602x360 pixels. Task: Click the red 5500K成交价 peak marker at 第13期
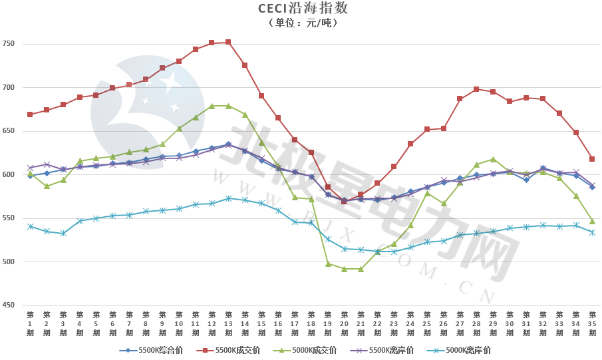coord(228,42)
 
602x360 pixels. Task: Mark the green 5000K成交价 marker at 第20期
coord(344,269)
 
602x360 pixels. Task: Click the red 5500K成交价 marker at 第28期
coord(476,89)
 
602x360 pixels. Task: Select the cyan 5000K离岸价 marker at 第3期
coord(63,234)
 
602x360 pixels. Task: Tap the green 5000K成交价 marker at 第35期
coord(592,221)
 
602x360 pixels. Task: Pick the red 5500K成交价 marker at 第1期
coord(30,114)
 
